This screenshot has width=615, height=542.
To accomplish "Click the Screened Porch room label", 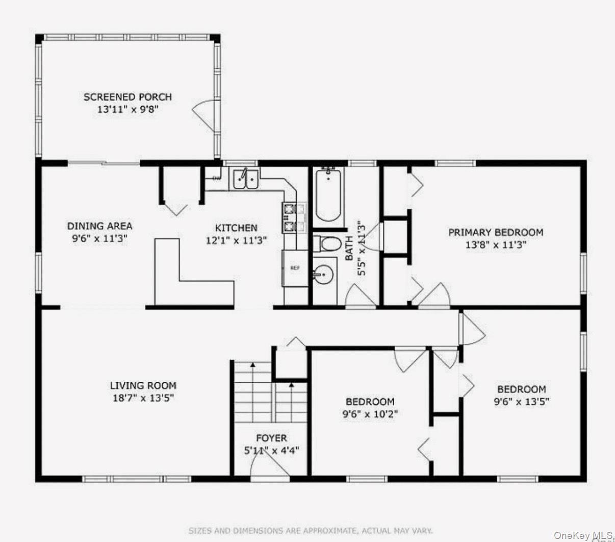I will (127, 96).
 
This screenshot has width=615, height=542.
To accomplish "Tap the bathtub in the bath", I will (328, 194).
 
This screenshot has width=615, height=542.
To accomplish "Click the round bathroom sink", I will (323, 276).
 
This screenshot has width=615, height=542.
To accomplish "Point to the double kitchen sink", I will (246, 179).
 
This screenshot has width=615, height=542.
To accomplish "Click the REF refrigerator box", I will (295, 268).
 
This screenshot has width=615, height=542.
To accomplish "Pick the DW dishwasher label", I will (216, 178).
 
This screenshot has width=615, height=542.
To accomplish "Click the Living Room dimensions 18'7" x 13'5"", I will (143, 398).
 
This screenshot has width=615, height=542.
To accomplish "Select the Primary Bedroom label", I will (496, 232).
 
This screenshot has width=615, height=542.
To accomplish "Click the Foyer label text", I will (271, 438).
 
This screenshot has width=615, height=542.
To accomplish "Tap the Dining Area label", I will (99, 226).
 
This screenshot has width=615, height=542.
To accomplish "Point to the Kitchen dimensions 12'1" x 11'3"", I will (236, 240).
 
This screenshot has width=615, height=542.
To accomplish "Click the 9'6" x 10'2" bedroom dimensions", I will (370, 414).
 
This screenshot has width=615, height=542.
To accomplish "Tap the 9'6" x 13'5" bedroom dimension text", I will (521, 401).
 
